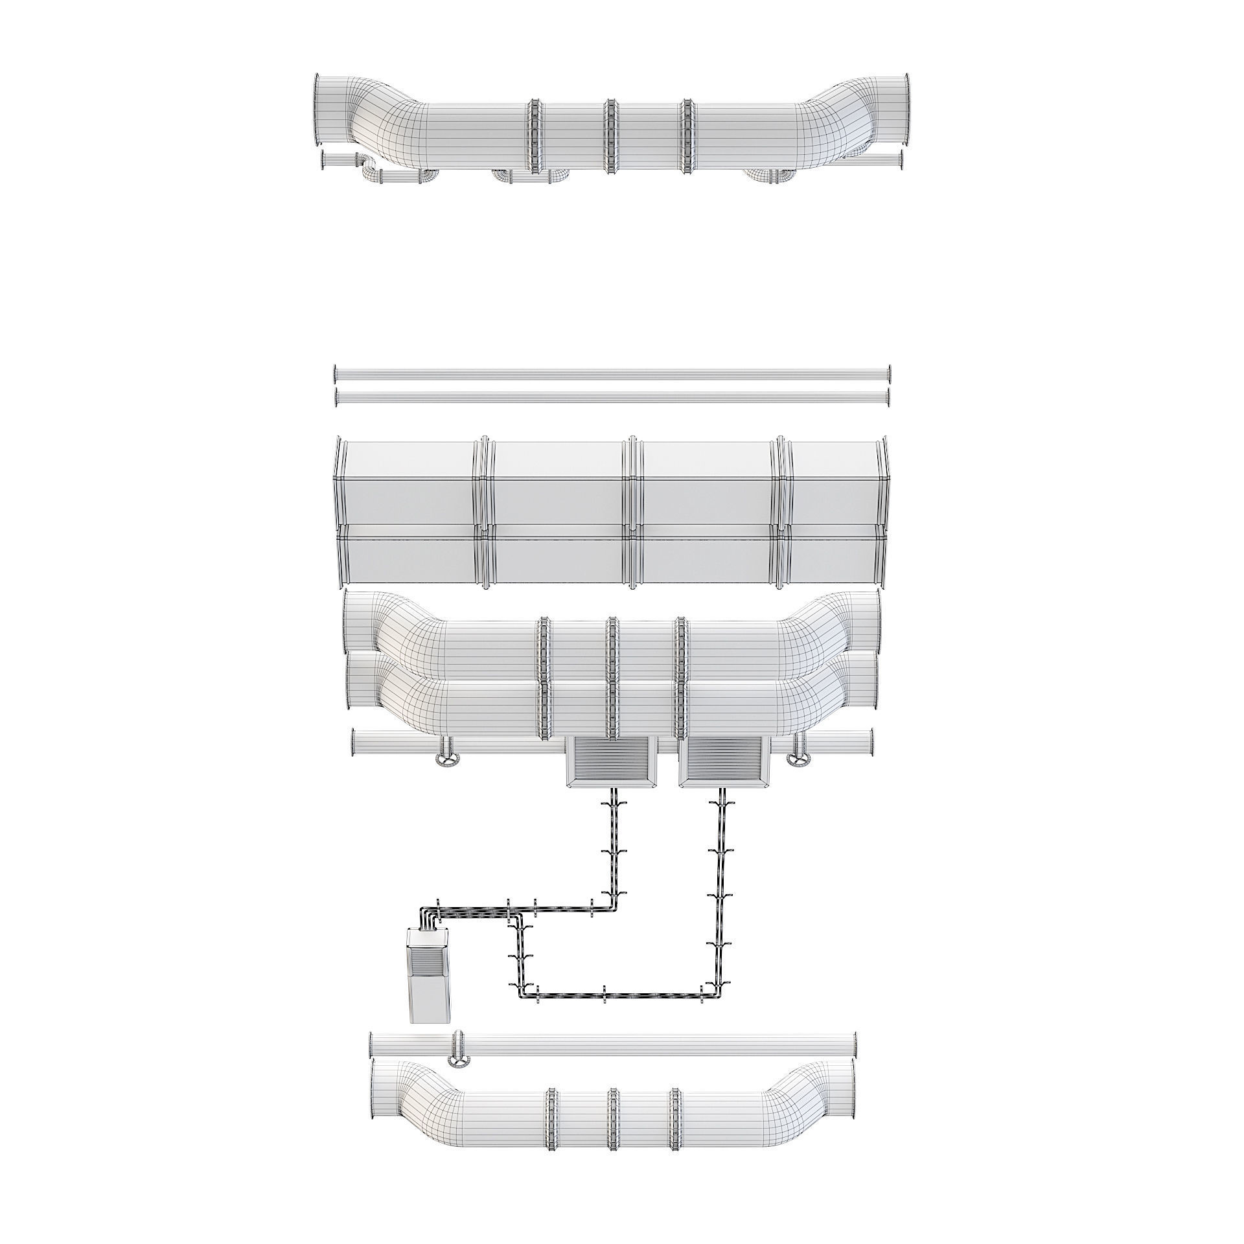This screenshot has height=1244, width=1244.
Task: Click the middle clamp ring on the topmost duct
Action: point(609,136)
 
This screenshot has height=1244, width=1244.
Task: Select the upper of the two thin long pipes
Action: point(612,374)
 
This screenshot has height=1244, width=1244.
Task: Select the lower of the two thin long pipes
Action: point(612,398)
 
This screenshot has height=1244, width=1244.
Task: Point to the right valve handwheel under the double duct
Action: point(798,759)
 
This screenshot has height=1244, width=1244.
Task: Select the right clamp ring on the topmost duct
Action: point(687,136)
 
